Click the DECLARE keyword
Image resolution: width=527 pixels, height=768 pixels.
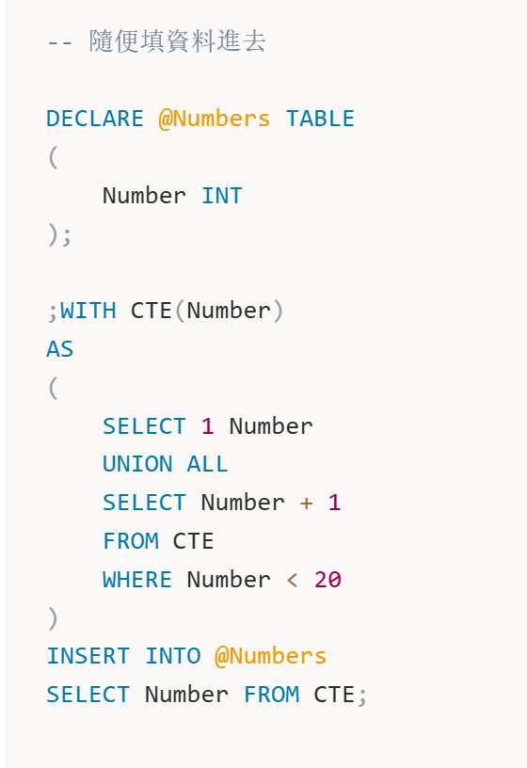95,119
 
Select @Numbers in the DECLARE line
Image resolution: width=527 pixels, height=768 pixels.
214,119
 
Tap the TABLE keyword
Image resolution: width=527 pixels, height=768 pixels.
320,119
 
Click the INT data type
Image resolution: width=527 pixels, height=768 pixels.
222,196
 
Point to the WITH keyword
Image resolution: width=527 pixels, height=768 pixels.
88,311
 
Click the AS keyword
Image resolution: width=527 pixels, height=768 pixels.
59,350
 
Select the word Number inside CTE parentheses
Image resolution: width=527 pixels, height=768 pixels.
229,311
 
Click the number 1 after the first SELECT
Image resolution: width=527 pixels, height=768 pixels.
208,426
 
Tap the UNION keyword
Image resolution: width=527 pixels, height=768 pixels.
137,464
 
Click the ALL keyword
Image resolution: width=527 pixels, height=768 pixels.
207,464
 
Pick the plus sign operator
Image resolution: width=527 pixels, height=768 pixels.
307,503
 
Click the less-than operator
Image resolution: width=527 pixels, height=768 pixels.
293,581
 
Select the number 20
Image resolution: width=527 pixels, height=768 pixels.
327,580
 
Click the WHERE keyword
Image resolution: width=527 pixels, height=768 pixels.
137,580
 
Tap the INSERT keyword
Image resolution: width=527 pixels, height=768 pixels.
88,656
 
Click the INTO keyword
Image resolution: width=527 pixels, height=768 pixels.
173,656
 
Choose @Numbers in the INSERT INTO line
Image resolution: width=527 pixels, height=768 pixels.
270,657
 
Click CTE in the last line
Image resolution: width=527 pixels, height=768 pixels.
334,695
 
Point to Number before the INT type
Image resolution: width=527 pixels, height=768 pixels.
144,196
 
